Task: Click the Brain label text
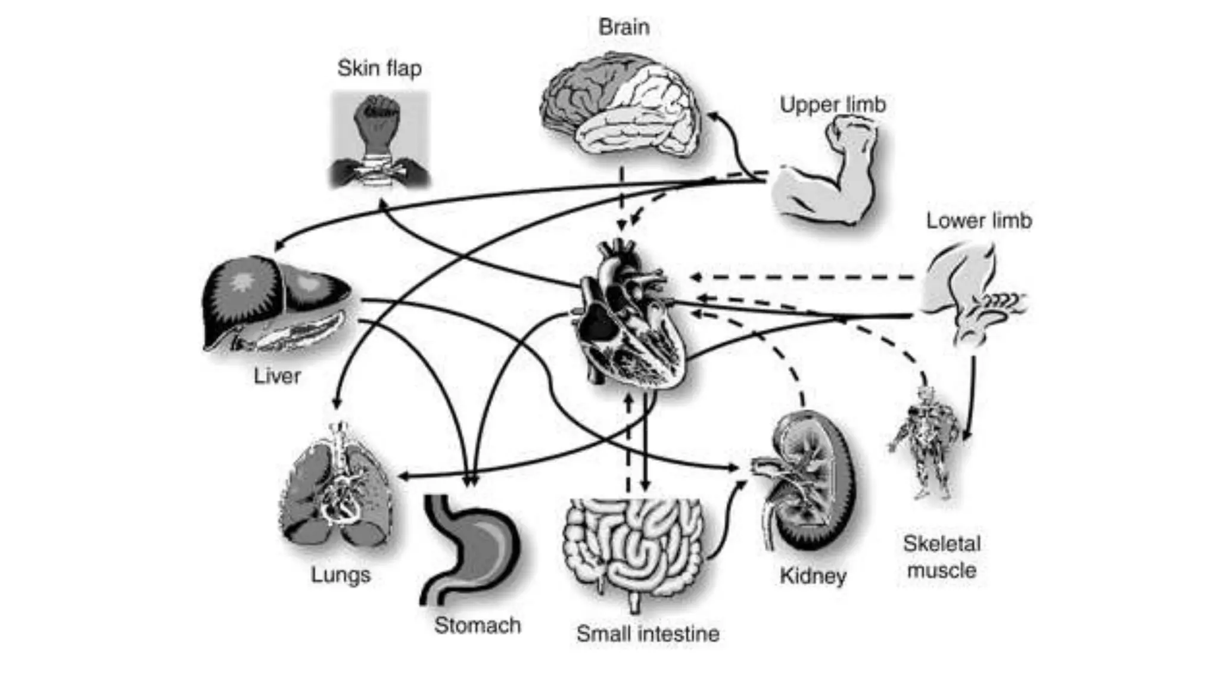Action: coord(624,27)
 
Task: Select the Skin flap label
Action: coord(379,68)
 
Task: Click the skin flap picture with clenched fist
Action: coord(380,140)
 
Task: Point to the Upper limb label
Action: coord(833,105)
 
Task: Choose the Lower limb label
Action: coord(978,221)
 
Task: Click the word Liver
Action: coord(277,376)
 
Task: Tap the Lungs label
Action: coord(340,575)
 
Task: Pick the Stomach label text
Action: coord(477,625)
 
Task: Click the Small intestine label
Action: coord(648,634)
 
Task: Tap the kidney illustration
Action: coord(807,482)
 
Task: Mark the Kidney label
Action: coord(813,576)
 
